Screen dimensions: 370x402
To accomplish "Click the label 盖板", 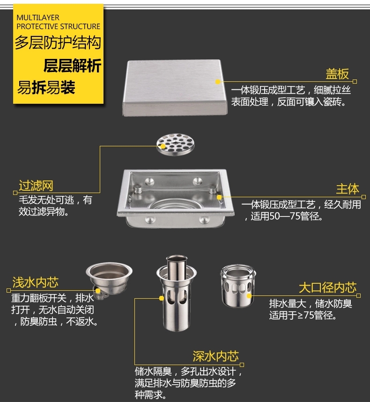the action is click(x=337, y=74).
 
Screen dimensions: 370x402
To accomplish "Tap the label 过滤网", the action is click(x=36, y=186).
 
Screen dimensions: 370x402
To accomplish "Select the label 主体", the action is click(x=348, y=189).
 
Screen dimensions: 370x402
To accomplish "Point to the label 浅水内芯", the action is click(x=36, y=282).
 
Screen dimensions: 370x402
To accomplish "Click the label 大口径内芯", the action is click(x=327, y=287).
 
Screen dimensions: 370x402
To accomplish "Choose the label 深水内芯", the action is click(x=216, y=356).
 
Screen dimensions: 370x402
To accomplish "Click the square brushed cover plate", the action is click(x=175, y=88).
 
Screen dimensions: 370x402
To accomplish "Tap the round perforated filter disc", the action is click(x=176, y=144).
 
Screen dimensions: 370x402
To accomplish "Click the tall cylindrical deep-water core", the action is click(x=177, y=293).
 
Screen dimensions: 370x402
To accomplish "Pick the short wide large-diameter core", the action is click(x=238, y=286).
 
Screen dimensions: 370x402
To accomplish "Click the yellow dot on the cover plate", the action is click(x=218, y=82).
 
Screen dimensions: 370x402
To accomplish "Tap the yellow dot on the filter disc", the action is click(x=163, y=146).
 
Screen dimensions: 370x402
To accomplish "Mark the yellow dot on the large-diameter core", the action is click(x=249, y=296).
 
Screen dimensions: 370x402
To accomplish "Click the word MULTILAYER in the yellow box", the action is click(x=38, y=17).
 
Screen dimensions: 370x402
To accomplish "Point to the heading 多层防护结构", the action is click(x=58, y=42).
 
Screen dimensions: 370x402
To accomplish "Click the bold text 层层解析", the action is click(x=72, y=65).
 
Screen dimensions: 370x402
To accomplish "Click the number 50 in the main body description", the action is click(x=274, y=216).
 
